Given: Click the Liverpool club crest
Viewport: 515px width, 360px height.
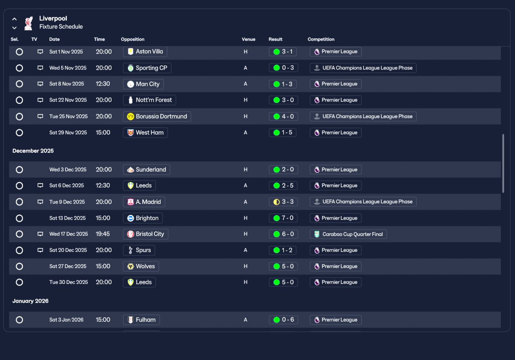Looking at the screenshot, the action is pyautogui.click(x=29, y=23).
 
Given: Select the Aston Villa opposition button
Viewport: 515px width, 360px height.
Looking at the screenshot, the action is pyautogui.click(x=145, y=51).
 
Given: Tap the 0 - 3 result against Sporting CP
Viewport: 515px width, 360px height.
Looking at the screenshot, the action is pyautogui.click(x=284, y=68).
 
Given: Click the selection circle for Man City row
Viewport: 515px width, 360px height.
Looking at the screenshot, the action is pyautogui.click(x=19, y=84).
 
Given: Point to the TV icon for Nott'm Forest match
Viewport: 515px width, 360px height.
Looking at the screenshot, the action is pyautogui.click(x=40, y=100).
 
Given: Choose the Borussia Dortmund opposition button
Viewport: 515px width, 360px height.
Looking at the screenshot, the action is pyautogui.click(x=157, y=116).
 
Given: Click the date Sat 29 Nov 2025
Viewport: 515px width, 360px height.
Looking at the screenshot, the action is pyautogui.click(x=68, y=133).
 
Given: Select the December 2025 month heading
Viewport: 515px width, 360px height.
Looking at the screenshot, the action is pyautogui.click(x=33, y=151).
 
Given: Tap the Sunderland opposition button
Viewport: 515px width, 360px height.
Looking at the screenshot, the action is pyautogui.click(x=146, y=170).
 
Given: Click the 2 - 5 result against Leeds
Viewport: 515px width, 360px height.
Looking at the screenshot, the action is pyautogui.click(x=283, y=185).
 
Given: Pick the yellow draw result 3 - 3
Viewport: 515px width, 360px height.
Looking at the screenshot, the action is pyautogui.click(x=284, y=202).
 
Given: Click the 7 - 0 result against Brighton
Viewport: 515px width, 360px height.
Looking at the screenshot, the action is pyautogui.click(x=283, y=218).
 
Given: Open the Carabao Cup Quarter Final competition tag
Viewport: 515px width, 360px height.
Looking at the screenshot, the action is pyautogui.click(x=348, y=234).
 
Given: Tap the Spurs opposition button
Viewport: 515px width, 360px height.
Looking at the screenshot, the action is pyautogui.click(x=139, y=250).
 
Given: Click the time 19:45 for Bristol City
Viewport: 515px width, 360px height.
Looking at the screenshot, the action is pyautogui.click(x=103, y=234).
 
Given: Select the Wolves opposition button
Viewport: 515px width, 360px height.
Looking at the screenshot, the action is pyautogui.click(x=141, y=266).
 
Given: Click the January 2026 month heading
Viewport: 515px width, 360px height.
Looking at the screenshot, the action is pyautogui.click(x=30, y=301).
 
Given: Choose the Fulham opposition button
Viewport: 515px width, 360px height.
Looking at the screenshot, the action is pyautogui.click(x=141, y=320).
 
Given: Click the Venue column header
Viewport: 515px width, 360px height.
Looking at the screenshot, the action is pyautogui.click(x=249, y=39).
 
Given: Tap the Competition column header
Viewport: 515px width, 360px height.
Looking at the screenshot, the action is pyautogui.click(x=321, y=39).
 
